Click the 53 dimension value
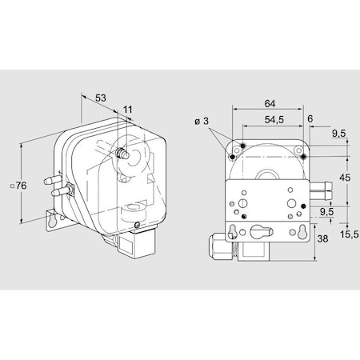[x=100, y=98]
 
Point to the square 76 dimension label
[x=22, y=186]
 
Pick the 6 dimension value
[x=310, y=118]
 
